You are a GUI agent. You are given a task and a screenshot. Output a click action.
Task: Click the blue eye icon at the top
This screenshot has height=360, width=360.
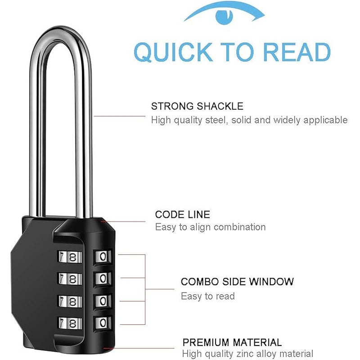pyautogui.click(x=224, y=14)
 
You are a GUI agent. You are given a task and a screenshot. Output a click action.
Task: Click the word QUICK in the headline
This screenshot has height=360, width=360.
pyautogui.click(x=173, y=52)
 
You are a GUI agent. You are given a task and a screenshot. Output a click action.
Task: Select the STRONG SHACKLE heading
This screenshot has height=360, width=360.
pyautogui.click(x=197, y=106)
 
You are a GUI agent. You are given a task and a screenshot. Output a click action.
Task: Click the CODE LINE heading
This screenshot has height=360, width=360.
pyautogui.click(x=183, y=215)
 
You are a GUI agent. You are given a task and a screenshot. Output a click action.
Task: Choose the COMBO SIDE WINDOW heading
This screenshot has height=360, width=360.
pyautogui.click(x=237, y=282)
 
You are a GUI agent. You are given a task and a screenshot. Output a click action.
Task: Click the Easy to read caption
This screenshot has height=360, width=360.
pyautogui.click(x=208, y=296)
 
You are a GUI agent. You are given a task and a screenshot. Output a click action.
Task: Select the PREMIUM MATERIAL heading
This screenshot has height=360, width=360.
pyautogui.click(x=232, y=342)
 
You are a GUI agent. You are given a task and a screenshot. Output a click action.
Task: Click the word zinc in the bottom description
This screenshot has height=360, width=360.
pyautogui.click(x=244, y=354)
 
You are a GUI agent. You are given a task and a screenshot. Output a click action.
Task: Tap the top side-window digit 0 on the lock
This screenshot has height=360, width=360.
pyautogui.click(x=103, y=256)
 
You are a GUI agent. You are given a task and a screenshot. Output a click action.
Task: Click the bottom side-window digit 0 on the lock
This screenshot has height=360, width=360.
pyautogui.click(x=103, y=323)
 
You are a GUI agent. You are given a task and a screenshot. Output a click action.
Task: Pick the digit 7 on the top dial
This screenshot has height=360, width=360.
pyautogui.click(x=62, y=256)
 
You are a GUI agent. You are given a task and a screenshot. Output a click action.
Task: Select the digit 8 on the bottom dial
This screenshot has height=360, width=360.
pyautogui.click(x=72, y=324)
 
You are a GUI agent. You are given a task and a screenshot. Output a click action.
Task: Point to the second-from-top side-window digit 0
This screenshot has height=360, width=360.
pyautogui.click(x=103, y=279)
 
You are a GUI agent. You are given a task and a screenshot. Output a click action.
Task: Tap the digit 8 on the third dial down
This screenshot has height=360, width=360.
pyautogui.click(x=72, y=301)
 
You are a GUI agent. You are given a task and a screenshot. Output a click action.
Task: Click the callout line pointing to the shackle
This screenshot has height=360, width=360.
pyautogui.click(x=120, y=116)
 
